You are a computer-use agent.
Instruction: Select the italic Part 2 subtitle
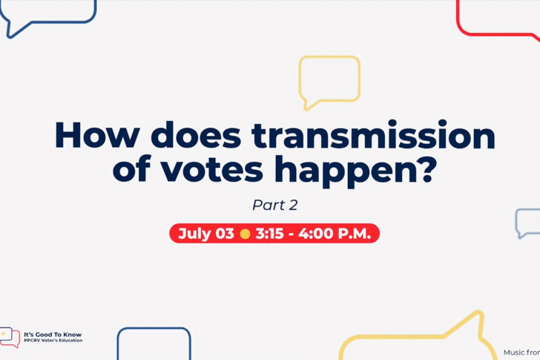coord(275,205)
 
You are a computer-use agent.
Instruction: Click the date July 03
coord(206,234)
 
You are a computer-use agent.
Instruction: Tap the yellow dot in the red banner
coord(245,234)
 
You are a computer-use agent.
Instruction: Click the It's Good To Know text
coord(53,335)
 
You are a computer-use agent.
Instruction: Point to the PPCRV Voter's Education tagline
coord(53,341)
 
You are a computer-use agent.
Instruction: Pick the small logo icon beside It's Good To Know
coord(10,337)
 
